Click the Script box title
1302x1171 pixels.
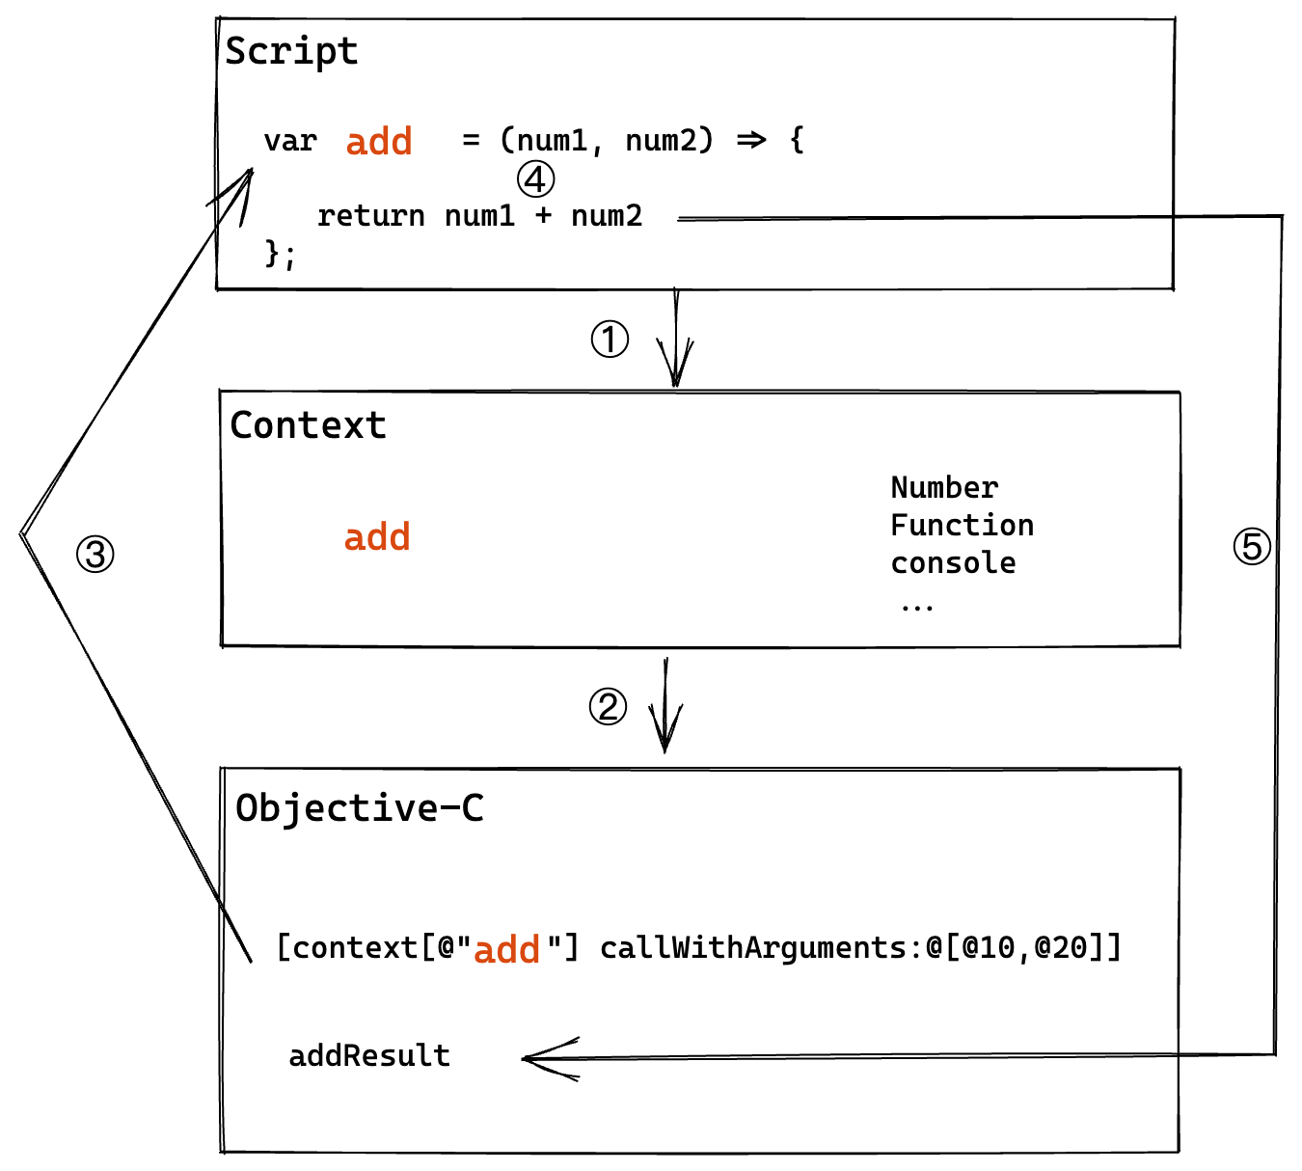(x=291, y=51)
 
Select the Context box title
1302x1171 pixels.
(x=308, y=425)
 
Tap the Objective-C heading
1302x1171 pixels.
(x=360, y=808)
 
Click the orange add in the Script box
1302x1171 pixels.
(x=379, y=142)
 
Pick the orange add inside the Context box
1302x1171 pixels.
(x=377, y=537)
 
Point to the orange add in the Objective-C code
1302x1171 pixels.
(x=506, y=950)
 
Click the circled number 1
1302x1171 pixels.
(x=610, y=340)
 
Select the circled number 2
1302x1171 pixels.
(x=608, y=707)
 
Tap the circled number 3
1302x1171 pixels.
(x=95, y=554)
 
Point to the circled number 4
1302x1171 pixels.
(x=535, y=179)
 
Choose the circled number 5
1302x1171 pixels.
(x=1252, y=547)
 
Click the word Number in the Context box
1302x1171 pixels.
(x=944, y=487)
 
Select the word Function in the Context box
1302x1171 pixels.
(x=962, y=525)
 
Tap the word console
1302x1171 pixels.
(x=953, y=563)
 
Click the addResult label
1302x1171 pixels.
(x=369, y=1056)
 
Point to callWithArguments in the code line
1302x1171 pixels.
(x=752, y=948)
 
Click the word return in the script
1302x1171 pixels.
(x=370, y=216)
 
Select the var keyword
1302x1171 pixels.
(x=289, y=142)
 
